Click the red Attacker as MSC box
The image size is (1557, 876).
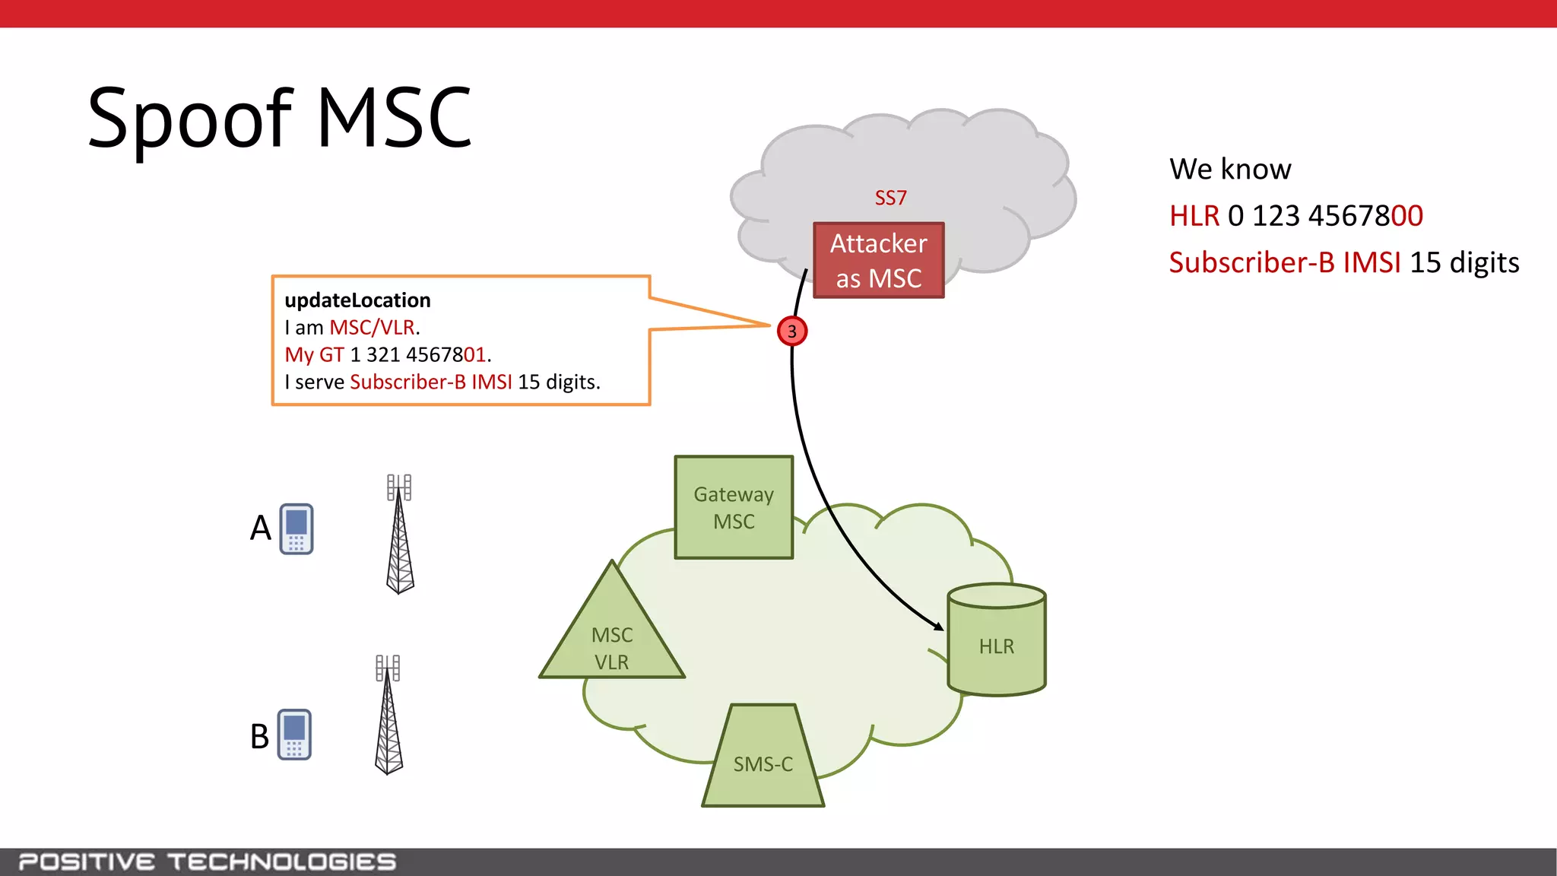point(878,260)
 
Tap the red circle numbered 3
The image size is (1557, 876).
point(792,331)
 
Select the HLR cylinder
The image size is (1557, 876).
point(997,640)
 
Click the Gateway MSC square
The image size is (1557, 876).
point(734,507)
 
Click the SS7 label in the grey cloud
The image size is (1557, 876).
point(890,198)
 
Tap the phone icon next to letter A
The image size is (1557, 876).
point(296,528)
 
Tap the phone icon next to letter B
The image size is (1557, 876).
point(294,734)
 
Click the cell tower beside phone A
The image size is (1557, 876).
point(400,536)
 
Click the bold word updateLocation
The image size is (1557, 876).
point(357,300)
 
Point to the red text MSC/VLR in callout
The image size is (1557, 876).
point(372,328)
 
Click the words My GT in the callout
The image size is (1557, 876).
point(314,355)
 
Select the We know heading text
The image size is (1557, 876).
point(1229,169)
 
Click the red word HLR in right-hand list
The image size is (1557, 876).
point(1194,216)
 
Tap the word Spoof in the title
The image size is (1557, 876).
point(190,118)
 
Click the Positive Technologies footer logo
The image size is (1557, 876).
point(207,862)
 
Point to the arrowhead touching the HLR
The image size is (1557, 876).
point(940,626)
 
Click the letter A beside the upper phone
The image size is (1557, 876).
point(260,528)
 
